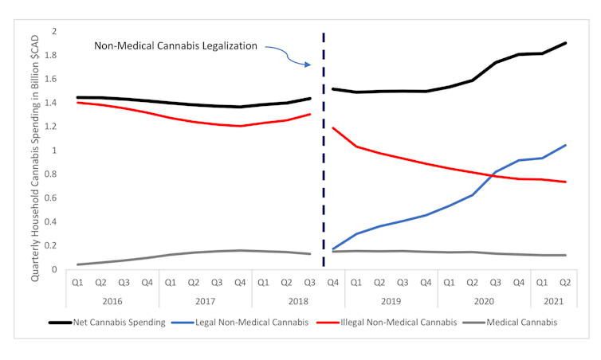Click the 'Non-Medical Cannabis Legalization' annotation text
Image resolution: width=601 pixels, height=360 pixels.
tap(176, 46)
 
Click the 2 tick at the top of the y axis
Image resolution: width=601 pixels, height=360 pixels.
tap(54, 31)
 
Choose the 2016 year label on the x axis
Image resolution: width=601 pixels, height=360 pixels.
tap(112, 301)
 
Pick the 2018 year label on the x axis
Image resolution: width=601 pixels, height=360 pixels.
tap(298, 301)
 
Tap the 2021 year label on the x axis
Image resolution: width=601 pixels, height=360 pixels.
tap(553, 301)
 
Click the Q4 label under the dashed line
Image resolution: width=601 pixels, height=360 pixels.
tap(333, 281)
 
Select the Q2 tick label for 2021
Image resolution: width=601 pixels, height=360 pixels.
tap(565, 281)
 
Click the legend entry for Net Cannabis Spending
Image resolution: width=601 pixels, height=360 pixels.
tap(108, 323)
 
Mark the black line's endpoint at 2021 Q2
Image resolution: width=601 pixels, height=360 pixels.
tap(565, 43)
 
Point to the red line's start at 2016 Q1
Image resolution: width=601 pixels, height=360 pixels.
tap(77, 103)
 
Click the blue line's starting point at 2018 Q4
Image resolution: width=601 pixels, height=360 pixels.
tap(333, 249)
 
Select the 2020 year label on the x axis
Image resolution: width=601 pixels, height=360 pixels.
tap(484, 301)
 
